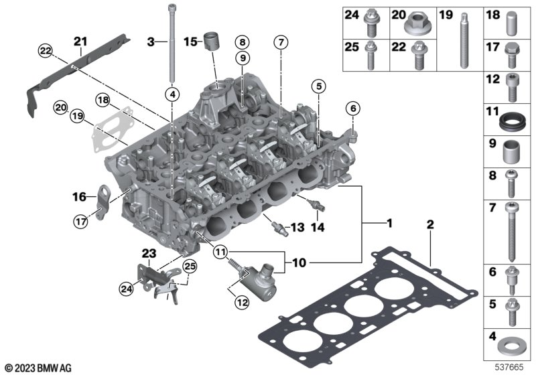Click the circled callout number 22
pos(45,51)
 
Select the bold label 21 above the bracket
pos(81,42)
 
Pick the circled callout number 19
pos(78,117)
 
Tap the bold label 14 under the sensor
pos(317,228)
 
